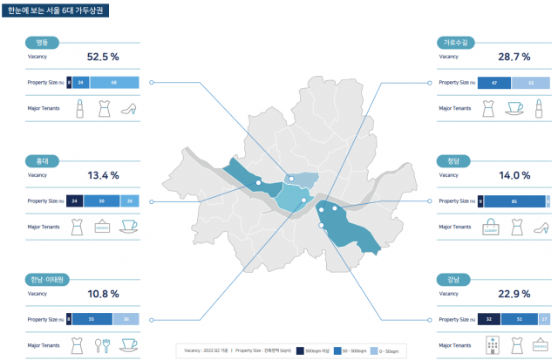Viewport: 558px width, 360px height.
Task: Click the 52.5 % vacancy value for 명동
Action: pos(103,57)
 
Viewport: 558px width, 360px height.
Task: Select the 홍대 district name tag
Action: pos(41,160)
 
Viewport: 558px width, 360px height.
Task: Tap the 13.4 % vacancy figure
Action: pos(103,175)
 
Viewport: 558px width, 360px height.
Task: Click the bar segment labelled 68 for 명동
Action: pos(115,82)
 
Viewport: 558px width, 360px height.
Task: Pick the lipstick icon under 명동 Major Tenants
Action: pos(78,108)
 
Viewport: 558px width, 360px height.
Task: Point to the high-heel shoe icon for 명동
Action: pos(129,109)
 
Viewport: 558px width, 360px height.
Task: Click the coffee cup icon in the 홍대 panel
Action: pos(129,227)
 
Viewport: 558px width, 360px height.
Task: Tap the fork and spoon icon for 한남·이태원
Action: pos(104,345)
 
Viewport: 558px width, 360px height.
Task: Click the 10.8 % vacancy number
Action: pos(103,294)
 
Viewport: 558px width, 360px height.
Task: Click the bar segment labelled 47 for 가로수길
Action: pos(494,82)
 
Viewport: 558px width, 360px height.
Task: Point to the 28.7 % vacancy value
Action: pos(514,57)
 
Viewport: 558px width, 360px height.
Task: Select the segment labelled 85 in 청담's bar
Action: pos(514,200)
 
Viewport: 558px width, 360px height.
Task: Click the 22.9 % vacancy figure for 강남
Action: pos(514,294)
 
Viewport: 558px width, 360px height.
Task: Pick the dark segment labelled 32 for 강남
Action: pos(489,319)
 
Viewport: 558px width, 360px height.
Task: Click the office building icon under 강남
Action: pos(490,345)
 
